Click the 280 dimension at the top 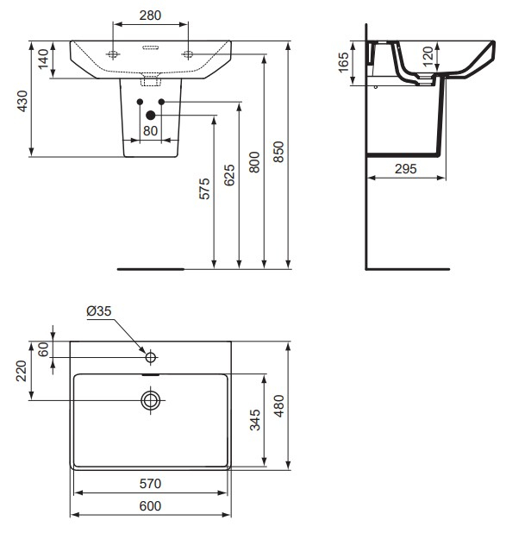point(151,16)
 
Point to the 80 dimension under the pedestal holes point(150,131)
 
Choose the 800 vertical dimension point(254,163)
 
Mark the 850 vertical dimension point(278,152)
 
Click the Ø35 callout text point(100,312)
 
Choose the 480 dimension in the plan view point(278,405)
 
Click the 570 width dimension point(151,484)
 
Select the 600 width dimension point(151,506)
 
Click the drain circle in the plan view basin point(151,399)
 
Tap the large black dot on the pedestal point(151,115)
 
